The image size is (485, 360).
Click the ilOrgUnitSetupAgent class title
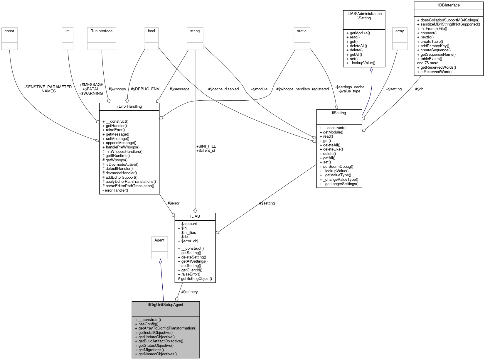tap(166, 305)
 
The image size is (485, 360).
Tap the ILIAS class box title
tap(195, 216)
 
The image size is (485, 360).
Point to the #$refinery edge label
tap(189, 292)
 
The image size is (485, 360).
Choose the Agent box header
tap(159, 240)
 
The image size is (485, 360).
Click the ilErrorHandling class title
tap(129, 106)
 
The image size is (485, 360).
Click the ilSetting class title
tap(339, 113)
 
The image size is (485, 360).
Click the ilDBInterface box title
tap(448, 5)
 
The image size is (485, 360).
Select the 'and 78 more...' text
tap(429, 63)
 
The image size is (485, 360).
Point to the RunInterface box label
tap(101, 31)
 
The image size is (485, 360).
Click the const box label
tap(9, 31)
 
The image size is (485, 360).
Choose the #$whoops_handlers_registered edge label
tap(302, 89)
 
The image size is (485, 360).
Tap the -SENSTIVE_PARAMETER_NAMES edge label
tap(48, 89)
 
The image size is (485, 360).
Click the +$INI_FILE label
tap(206, 146)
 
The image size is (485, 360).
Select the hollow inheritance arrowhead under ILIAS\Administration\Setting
tap(371, 69)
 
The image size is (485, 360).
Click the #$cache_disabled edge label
tap(223, 89)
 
